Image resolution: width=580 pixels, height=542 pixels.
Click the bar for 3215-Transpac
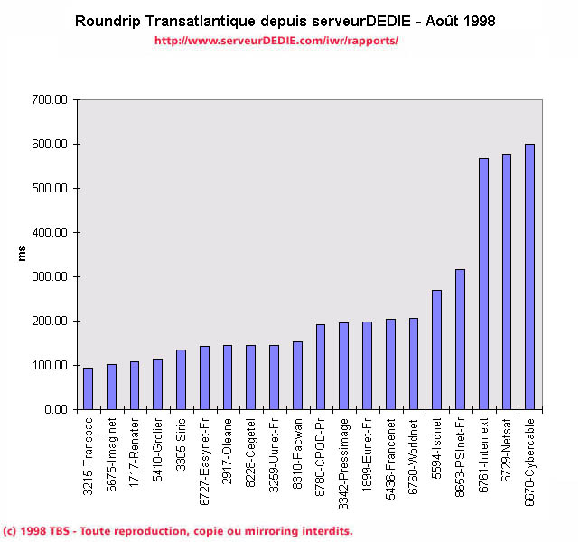point(88,388)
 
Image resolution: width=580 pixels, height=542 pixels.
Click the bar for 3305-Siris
point(181,379)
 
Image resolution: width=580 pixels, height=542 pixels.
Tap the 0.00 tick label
point(56,410)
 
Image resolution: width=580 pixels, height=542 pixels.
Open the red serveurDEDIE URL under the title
point(276,41)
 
